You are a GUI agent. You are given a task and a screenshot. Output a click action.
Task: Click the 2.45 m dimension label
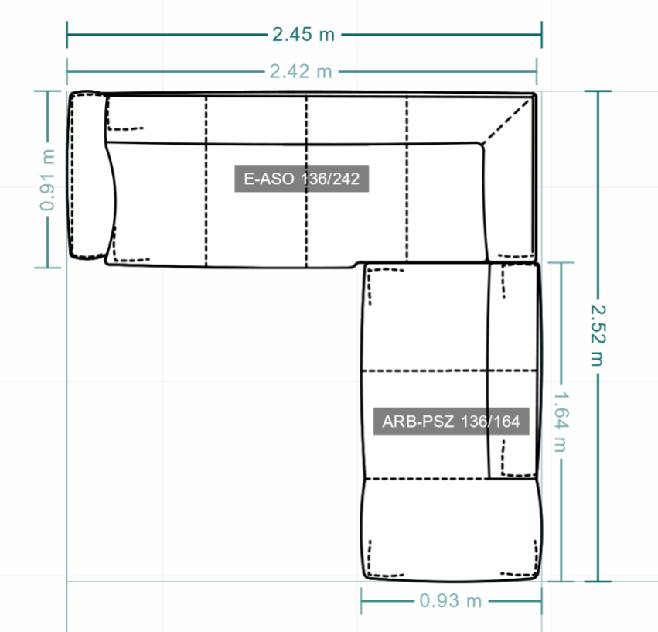[x=303, y=35]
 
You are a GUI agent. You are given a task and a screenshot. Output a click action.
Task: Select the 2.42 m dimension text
[x=301, y=71]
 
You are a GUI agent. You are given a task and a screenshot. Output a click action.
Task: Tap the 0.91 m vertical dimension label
[x=47, y=179]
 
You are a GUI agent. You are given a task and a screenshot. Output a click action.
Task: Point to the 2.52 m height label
[x=598, y=335]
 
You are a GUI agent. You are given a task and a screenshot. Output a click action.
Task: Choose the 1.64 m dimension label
[x=561, y=422]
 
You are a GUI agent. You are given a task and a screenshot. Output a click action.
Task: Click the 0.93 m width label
[x=451, y=601]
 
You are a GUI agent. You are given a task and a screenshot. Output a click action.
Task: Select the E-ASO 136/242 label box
[x=302, y=179]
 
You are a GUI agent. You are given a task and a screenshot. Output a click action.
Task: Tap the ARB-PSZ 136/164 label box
[x=451, y=421]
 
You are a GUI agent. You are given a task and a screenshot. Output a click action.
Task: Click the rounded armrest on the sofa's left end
[x=87, y=175]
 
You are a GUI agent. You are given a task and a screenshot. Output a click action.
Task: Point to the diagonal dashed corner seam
[x=506, y=121]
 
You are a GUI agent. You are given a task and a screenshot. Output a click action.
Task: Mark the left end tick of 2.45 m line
[x=67, y=35]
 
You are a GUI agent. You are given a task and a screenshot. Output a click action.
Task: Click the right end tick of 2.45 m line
[x=542, y=35]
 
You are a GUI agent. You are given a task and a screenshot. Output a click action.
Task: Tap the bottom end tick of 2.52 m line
[x=598, y=582]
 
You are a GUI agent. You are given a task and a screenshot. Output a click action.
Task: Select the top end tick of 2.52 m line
[x=598, y=91]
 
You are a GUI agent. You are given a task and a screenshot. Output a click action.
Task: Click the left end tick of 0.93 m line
[x=361, y=601]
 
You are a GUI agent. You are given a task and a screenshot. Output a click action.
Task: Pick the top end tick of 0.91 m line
[x=47, y=91]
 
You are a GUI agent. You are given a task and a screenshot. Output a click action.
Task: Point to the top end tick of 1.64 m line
[x=561, y=262]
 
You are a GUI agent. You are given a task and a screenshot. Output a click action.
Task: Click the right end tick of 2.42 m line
[x=537, y=71]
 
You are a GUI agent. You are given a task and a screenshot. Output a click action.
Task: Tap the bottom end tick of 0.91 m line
[x=47, y=267]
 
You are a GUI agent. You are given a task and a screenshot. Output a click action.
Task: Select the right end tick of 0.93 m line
[x=542, y=601]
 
